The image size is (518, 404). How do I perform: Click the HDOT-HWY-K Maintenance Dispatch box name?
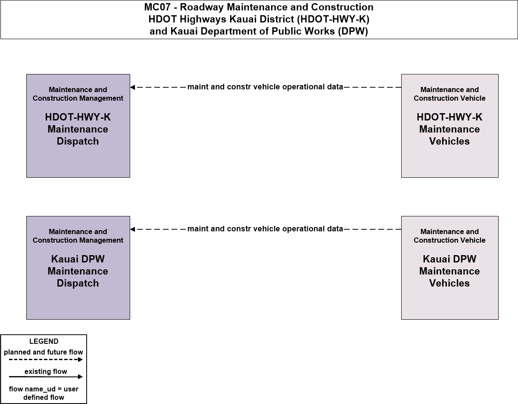tap(78, 129)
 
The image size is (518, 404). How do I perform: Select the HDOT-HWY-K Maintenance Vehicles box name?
tap(449, 129)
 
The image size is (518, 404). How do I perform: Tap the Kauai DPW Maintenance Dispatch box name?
tap(78, 271)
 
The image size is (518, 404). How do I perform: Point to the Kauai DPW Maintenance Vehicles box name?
tap(449, 271)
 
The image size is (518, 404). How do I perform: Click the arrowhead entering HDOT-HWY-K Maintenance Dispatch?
tap(133, 87)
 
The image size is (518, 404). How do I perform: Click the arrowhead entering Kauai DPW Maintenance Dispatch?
tap(133, 229)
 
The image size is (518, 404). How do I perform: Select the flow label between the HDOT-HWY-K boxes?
tap(265, 87)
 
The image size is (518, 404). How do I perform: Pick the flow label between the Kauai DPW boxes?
tap(265, 228)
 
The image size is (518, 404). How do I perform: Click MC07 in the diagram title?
tap(157, 7)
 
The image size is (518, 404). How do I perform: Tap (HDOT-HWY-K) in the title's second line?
tap(333, 19)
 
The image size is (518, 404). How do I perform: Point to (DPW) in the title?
tap(353, 31)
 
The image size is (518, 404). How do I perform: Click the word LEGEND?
tap(44, 342)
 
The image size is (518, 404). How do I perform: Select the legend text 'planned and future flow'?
tap(44, 352)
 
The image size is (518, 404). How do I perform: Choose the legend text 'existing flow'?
tap(46, 371)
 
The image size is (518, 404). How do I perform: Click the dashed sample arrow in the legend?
tap(46, 360)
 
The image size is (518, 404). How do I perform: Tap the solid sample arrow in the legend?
tap(46, 377)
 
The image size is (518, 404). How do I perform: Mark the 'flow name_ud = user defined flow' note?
tap(44, 393)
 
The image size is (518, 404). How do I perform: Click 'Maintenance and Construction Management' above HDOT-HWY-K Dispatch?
tap(78, 94)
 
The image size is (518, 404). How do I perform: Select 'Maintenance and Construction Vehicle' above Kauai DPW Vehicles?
tap(449, 236)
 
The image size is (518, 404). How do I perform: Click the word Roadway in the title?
tap(202, 7)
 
